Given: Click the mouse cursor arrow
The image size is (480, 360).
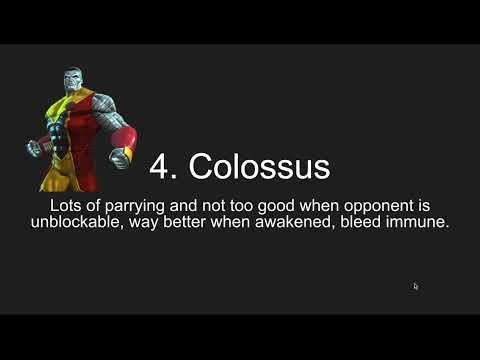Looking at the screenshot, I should (416, 286).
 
